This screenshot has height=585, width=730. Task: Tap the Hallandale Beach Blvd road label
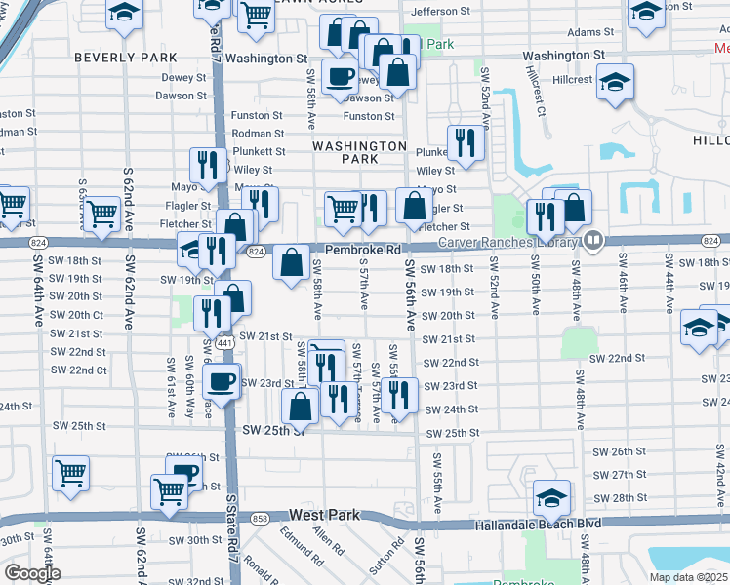click(x=537, y=524)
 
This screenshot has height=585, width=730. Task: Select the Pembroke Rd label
click(x=363, y=251)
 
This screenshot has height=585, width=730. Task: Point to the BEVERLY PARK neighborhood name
click(x=126, y=58)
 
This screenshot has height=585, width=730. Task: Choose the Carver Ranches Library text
click(x=508, y=242)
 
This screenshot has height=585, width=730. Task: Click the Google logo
click(x=32, y=573)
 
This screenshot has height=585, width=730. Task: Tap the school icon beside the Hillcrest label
click(x=616, y=80)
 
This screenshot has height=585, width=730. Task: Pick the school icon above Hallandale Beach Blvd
click(x=551, y=498)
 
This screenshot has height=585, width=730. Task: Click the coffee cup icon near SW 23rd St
click(x=223, y=379)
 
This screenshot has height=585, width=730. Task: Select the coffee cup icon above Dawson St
click(x=340, y=77)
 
